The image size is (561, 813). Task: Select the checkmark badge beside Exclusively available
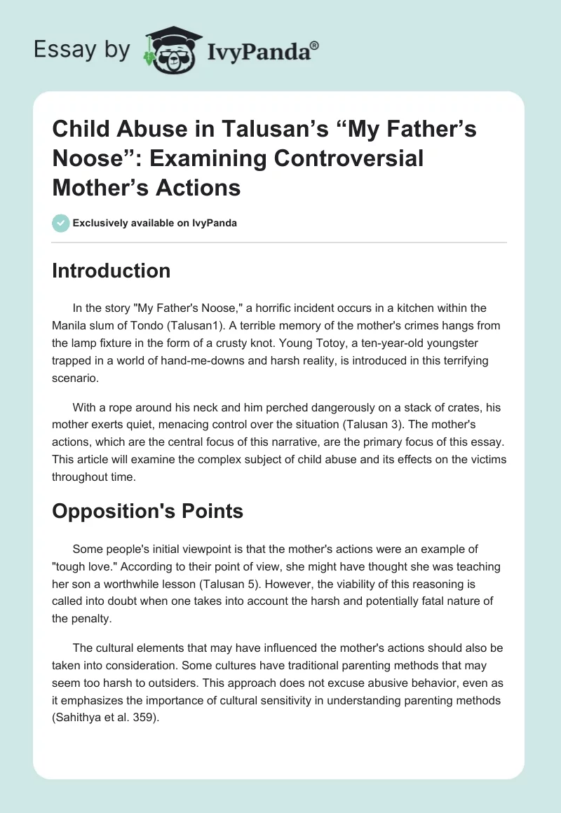pos(60,223)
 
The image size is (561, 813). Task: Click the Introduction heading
pos(111,271)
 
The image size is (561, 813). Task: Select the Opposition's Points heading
pos(148,511)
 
